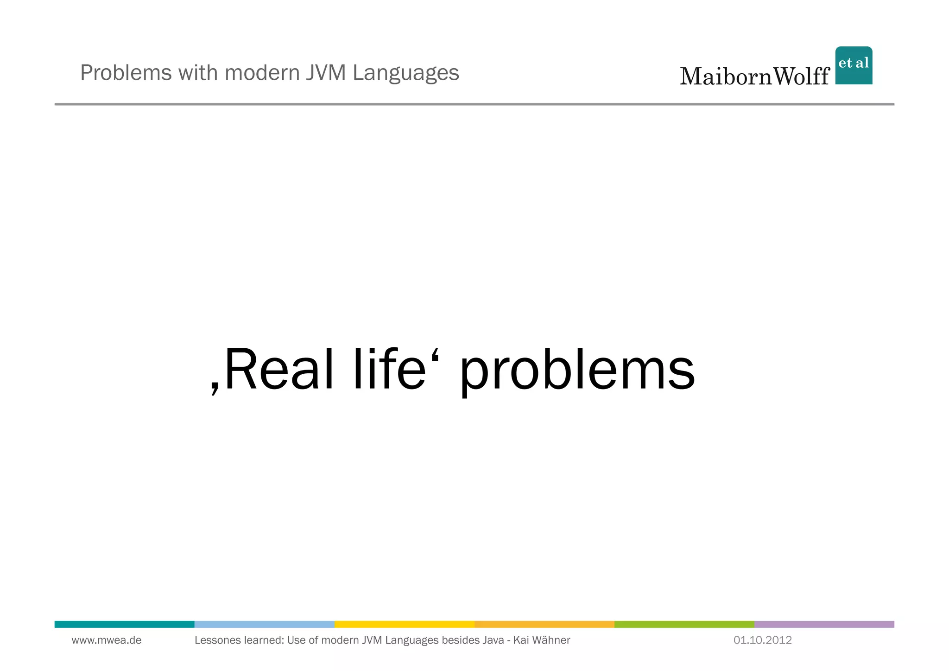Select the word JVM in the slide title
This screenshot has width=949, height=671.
point(326,73)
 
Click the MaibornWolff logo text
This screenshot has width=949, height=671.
point(754,77)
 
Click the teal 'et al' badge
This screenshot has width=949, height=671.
point(854,65)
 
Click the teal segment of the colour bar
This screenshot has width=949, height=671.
point(124,624)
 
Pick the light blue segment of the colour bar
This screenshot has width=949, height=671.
point(264,624)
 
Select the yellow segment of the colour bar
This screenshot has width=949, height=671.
point(404,624)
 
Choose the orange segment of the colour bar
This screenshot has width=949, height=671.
point(544,624)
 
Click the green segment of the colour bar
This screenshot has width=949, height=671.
point(684,624)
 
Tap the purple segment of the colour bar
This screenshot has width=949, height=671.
point(824,624)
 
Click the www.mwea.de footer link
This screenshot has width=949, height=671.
point(107,640)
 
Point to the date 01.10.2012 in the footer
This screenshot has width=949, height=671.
point(762,640)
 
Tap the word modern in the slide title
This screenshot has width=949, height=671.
point(262,73)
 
